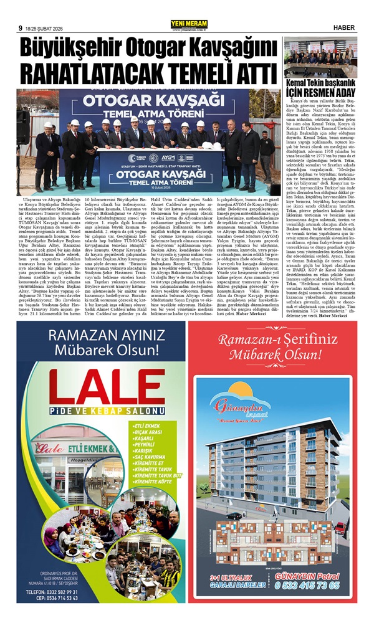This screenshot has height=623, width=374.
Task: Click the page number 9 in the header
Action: point(21,28)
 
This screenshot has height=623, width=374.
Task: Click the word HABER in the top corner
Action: point(345,27)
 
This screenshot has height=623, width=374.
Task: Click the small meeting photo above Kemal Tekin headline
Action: point(320,57)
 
